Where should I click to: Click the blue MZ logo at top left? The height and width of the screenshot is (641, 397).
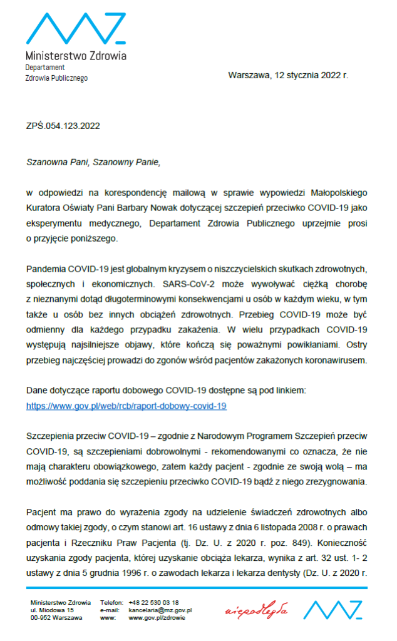[x=76, y=28]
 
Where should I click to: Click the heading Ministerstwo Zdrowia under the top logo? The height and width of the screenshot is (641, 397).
[x=76, y=56]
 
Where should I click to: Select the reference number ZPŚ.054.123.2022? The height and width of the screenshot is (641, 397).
[x=63, y=125]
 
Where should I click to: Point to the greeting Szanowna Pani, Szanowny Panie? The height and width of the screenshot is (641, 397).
[x=93, y=162]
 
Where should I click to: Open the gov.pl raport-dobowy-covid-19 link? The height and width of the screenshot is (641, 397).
[x=126, y=406]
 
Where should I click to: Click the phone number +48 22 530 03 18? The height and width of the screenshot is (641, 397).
[x=153, y=602]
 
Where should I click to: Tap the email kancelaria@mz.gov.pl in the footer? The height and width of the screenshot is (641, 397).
[x=160, y=610]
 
